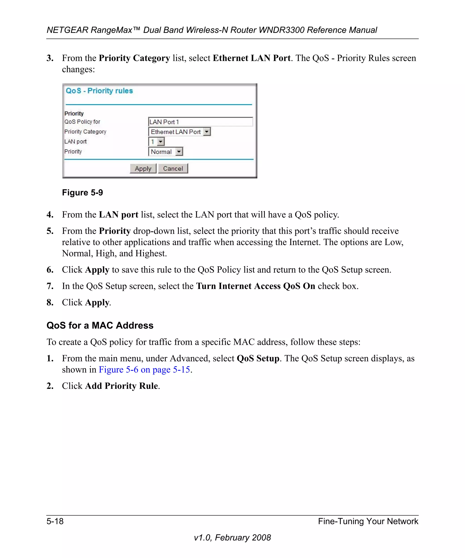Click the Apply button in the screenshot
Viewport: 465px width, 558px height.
(143, 168)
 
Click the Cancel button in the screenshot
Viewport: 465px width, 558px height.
(173, 168)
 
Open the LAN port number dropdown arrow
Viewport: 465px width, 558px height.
(161, 142)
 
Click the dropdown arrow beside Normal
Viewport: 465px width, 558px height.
(179, 152)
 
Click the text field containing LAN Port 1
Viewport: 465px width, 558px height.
(200, 122)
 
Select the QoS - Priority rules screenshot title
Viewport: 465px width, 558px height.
(99, 91)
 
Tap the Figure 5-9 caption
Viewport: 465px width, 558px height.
(82, 192)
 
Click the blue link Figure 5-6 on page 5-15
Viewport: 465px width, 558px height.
(144, 370)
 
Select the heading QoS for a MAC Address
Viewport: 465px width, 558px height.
(100, 325)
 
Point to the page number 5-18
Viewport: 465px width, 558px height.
(55, 521)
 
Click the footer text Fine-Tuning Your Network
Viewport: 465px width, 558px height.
(368, 521)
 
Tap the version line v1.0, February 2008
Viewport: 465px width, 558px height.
(232, 538)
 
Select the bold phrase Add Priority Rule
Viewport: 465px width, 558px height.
(121, 386)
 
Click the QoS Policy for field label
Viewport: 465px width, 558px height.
(82, 122)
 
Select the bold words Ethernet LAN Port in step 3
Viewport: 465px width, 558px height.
(251, 58)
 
